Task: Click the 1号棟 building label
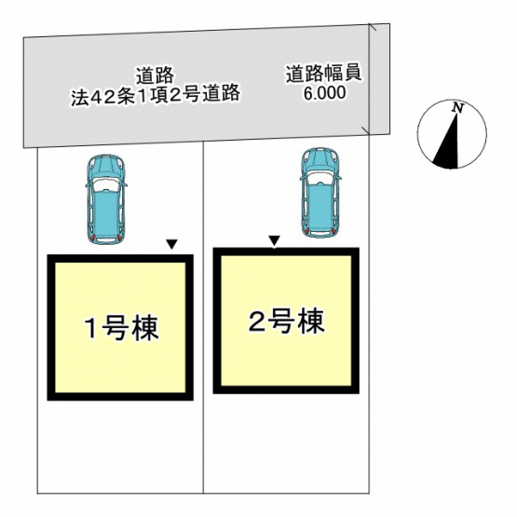[x=122, y=329]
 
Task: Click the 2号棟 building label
[x=286, y=321]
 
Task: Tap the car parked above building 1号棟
[x=105, y=200]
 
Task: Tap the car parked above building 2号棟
[x=320, y=193]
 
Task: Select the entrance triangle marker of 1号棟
[x=171, y=244]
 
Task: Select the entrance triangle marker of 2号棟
[x=274, y=240]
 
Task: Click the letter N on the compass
[x=457, y=108]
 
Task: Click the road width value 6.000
[x=324, y=93]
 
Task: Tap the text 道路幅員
[x=323, y=74]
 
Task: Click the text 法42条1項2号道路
[x=156, y=94]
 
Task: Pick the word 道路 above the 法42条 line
[x=155, y=76]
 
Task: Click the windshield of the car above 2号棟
[x=320, y=177]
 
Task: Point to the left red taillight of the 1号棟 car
[x=92, y=237]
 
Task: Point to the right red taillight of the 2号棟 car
[x=333, y=230]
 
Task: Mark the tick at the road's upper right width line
[x=373, y=27]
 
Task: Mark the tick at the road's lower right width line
[x=366, y=130]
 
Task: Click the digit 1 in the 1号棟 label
[x=90, y=329]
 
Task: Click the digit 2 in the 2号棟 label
[x=256, y=320]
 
